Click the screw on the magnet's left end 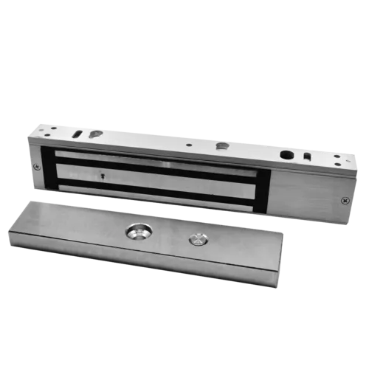pos(37,167)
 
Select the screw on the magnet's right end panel pos(345,199)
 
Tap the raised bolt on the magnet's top pos(221,146)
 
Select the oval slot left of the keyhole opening pos(77,134)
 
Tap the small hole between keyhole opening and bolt pos(189,145)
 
